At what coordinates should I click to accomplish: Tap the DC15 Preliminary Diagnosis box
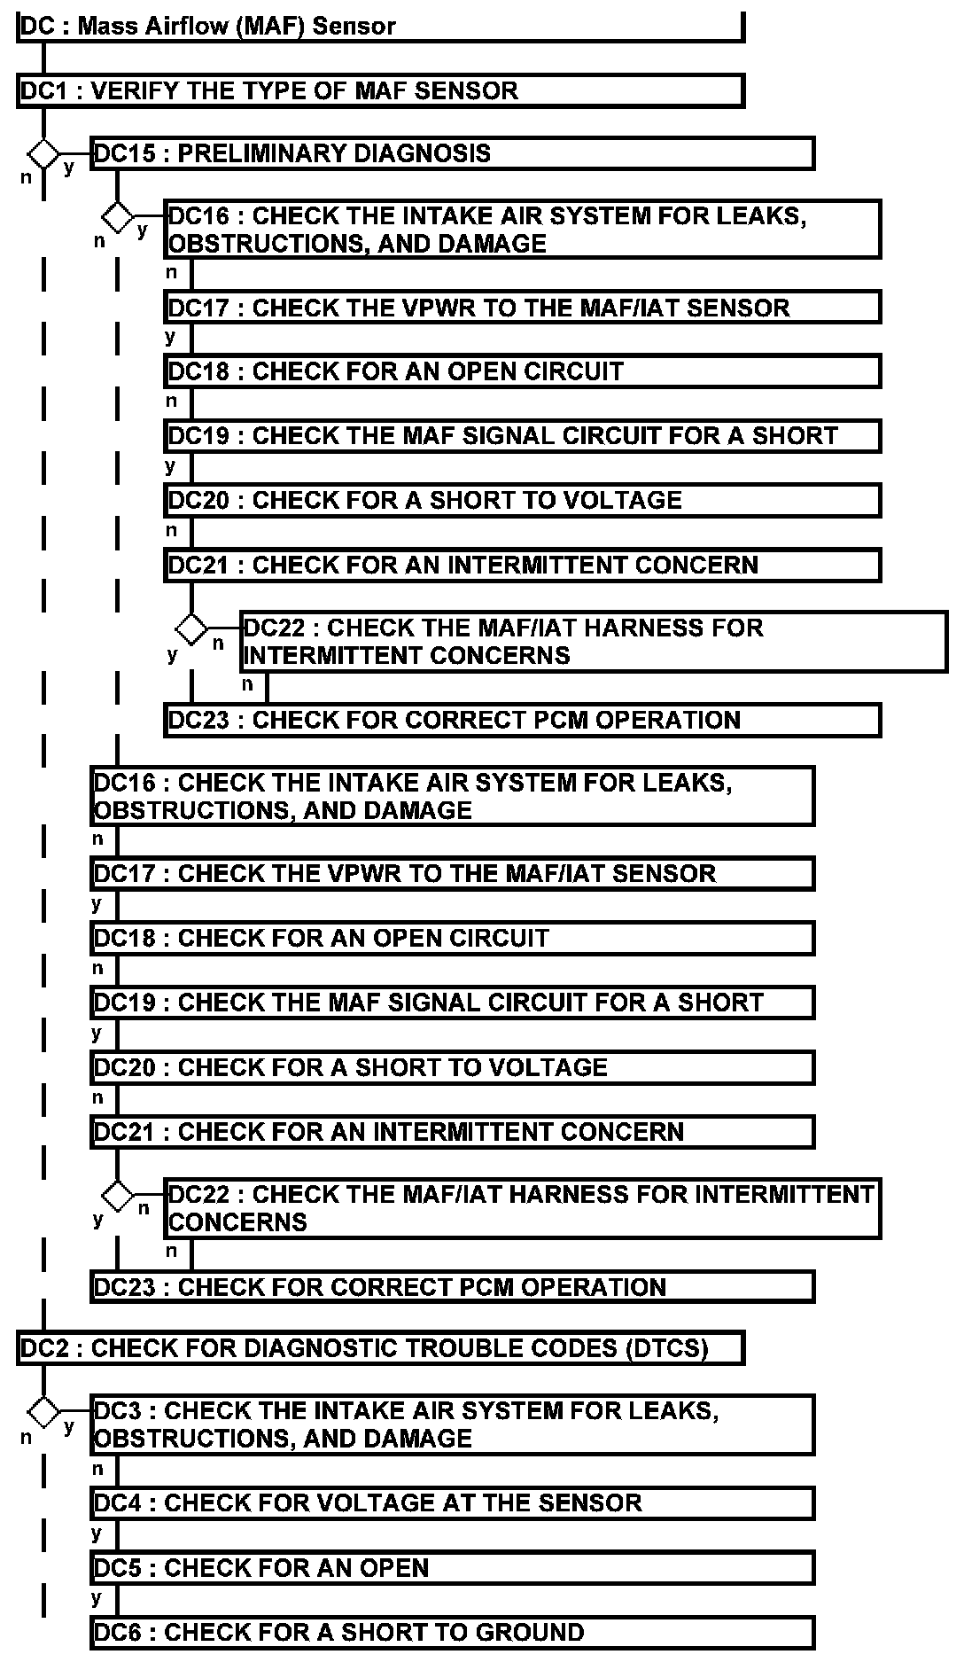pyautogui.click(x=452, y=153)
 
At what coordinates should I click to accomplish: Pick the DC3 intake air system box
pyautogui.click(x=452, y=1424)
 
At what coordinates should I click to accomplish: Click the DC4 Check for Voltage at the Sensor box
pyautogui.click(x=452, y=1503)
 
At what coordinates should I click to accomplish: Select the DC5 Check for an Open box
pyautogui.click(x=452, y=1568)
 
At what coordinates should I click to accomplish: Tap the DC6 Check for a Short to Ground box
pyautogui.click(x=452, y=1633)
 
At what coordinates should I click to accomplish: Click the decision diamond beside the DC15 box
pyautogui.click(x=43, y=153)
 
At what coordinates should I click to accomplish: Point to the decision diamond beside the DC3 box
pyautogui.click(x=43, y=1410)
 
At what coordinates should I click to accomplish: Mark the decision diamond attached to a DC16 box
pyautogui.click(x=117, y=216)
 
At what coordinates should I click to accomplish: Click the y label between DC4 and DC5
pyautogui.click(x=97, y=1533)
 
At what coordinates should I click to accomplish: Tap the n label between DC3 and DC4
pyautogui.click(x=97, y=1469)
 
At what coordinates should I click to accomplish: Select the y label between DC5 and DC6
pyautogui.click(x=97, y=1598)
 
